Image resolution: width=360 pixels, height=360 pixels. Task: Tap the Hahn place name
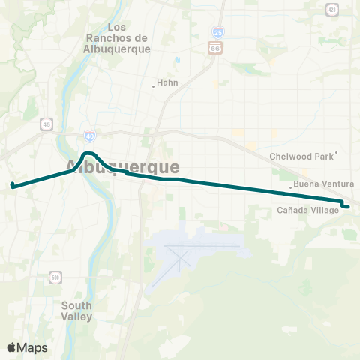[x=169, y=83]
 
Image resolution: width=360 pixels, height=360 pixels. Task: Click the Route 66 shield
[x=215, y=48]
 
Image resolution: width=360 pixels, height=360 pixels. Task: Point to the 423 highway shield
[x=331, y=10]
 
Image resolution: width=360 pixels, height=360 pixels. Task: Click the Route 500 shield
[x=56, y=278]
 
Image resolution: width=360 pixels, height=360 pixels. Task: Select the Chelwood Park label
[x=301, y=157]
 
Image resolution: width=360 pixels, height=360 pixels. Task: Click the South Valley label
[x=77, y=310]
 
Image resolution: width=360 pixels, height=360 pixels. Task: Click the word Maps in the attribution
[x=33, y=347]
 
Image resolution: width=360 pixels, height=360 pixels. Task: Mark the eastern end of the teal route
[x=348, y=207]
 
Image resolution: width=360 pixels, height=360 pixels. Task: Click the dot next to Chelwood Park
[x=337, y=153]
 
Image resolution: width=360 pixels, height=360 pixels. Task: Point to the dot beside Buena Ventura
[x=291, y=187]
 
